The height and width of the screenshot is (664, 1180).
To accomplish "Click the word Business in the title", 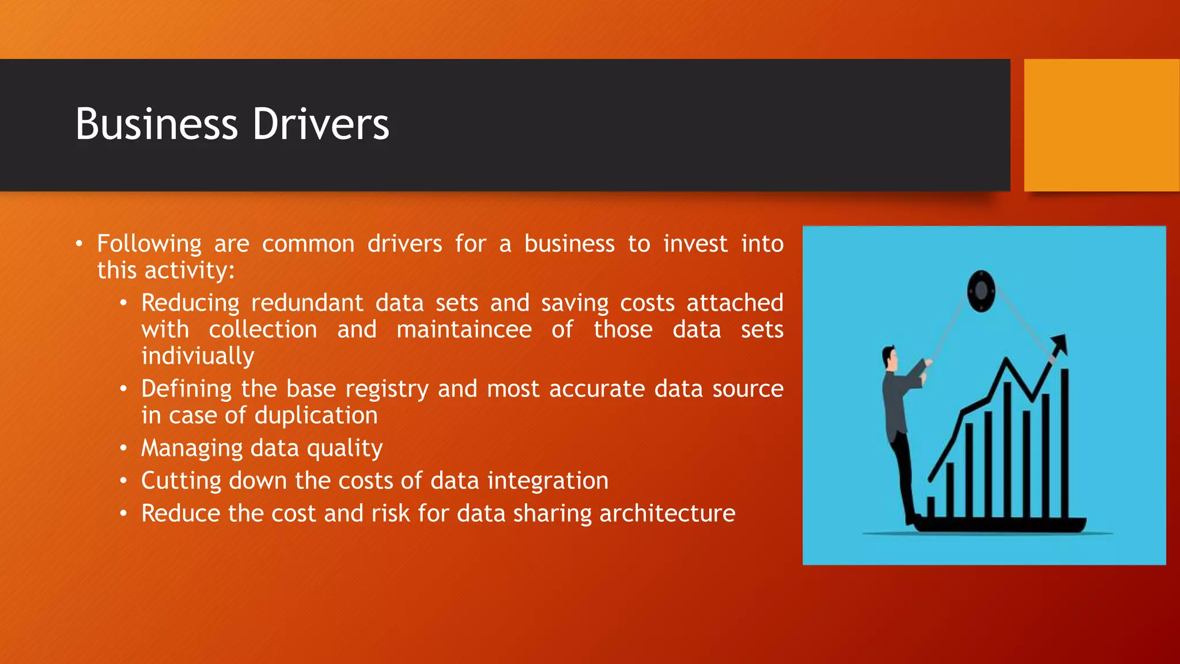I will pos(156,124).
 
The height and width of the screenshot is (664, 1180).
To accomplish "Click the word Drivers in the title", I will pos(321,124).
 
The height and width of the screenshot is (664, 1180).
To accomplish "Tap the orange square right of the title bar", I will pos(1101,125).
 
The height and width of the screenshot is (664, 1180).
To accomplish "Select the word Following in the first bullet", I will pos(149,244).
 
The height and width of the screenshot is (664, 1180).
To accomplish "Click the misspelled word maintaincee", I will pos(464,330).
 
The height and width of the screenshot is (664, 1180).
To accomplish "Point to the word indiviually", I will pos(198,356).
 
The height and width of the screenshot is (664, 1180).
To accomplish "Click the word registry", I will pos(387,390).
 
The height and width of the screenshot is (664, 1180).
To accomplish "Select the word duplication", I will pos(316,416).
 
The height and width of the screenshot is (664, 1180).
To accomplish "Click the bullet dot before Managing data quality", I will pos(123,448).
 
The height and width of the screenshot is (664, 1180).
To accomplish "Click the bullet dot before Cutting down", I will pos(123,481).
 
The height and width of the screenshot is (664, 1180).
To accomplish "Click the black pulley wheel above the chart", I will pos(981,291).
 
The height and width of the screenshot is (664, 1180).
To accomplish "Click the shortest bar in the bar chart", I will pos(931,507).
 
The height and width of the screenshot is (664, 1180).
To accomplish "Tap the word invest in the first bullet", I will pos(695,244).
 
